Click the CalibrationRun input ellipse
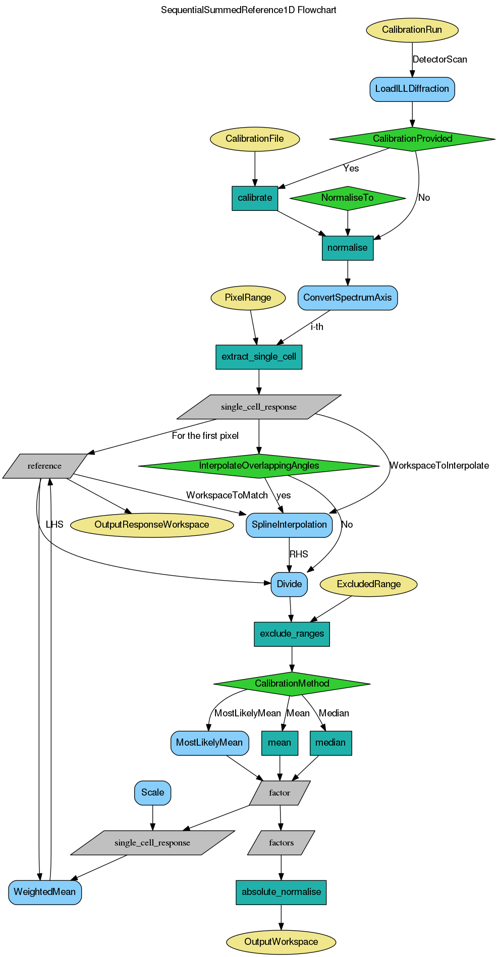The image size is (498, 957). (x=412, y=30)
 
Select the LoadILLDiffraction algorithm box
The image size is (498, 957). (x=412, y=89)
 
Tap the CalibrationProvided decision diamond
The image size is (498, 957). (x=412, y=139)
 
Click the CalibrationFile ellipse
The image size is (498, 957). (x=254, y=139)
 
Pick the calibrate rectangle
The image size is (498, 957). (x=254, y=198)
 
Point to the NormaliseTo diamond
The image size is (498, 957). (x=347, y=198)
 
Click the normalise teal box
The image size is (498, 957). (x=347, y=248)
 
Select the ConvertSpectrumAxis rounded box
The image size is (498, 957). (x=347, y=298)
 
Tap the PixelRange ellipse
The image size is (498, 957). (x=248, y=298)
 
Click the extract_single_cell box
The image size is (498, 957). (x=259, y=357)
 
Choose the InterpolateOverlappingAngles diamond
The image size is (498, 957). (x=259, y=466)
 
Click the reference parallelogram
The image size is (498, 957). (x=44, y=466)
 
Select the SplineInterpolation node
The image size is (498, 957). (x=289, y=525)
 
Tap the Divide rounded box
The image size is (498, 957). (x=289, y=584)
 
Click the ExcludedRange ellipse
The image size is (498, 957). (x=368, y=584)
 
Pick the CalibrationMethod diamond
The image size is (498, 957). (x=292, y=684)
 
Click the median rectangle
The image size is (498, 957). (x=330, y=743)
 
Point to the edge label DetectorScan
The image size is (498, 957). (x=439, y=60)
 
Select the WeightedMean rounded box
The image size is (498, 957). (x=44, y=892)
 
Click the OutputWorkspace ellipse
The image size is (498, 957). (x=281, y=942)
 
